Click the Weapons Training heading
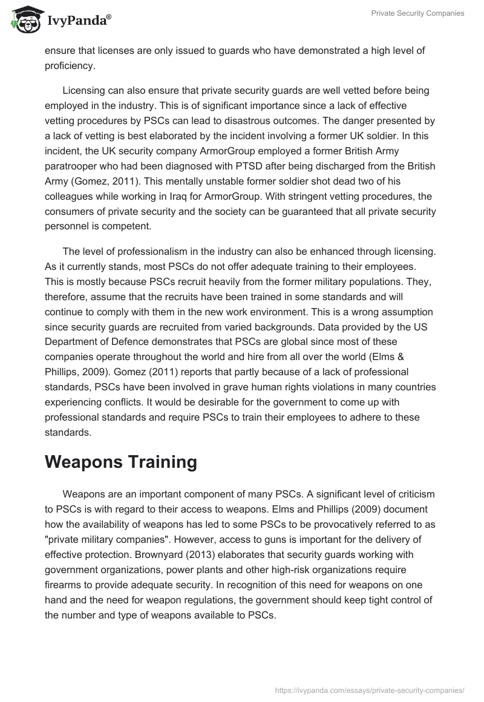tap(121, 462)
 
